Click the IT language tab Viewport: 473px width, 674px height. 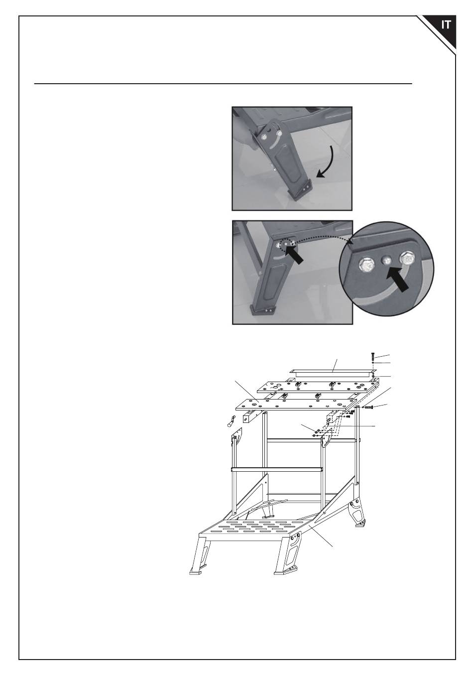pos(446,25)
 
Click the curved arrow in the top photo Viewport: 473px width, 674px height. pos(331,162)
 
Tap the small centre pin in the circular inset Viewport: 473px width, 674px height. pos(386,260)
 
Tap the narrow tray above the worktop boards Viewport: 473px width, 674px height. pos(330,374)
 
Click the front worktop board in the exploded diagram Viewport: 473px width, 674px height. pos(296,404)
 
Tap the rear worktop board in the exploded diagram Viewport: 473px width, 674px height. pos(316,387)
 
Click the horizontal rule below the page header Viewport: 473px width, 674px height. pos(223,84)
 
